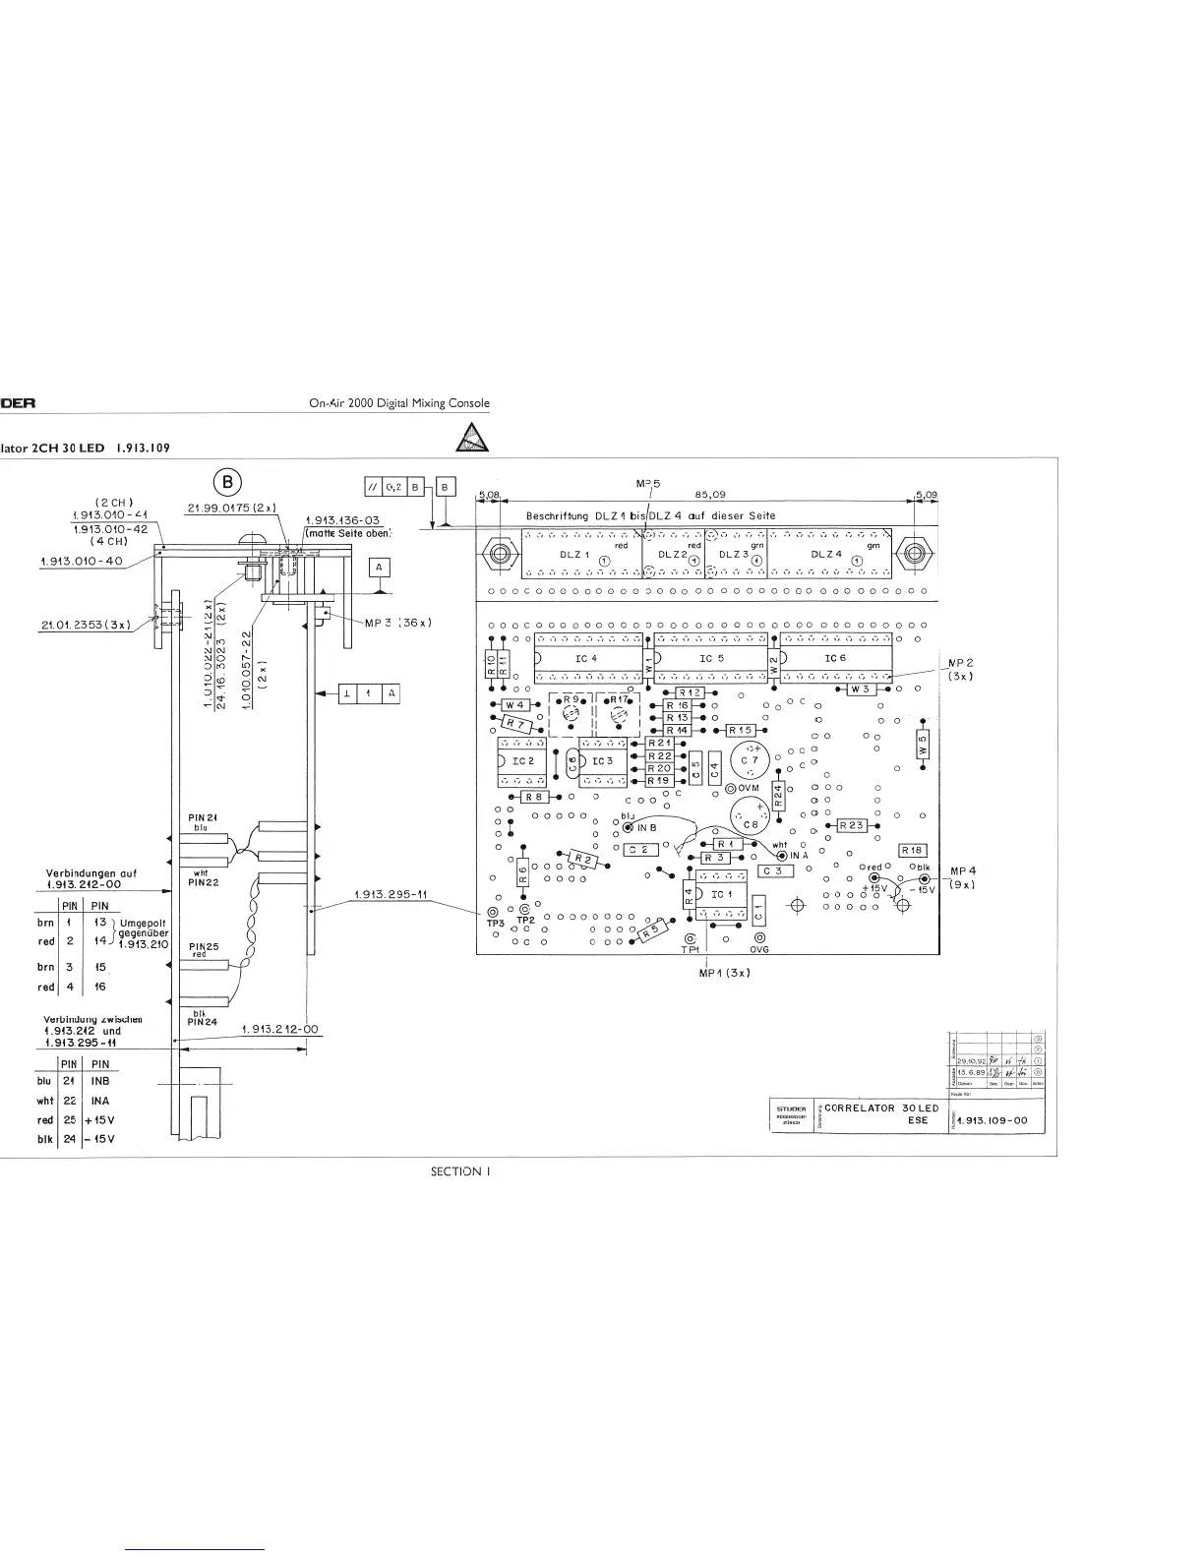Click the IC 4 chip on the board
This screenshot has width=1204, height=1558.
pos(586,658)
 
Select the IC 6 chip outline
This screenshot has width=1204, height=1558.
pos(835,658)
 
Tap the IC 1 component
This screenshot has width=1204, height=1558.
pos(721,894)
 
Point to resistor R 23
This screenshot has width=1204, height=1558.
pos(850,825)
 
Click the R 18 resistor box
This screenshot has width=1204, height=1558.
pos(913,850)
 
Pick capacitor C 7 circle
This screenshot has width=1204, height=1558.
pos(751,760)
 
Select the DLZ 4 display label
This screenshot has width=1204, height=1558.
pos(826,554)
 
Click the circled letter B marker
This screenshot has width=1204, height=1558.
pos(227,482)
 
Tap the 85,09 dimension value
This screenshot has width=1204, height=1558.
pos(710,496)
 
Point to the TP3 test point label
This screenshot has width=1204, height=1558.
pos(495,924)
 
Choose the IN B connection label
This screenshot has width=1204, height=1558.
pos(645,828)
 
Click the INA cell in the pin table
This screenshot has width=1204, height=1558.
pos(99,1101)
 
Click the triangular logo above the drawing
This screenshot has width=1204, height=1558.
pos(473,437)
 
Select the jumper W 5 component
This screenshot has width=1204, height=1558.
pos(922,747)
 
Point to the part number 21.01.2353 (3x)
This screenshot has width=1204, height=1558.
pos(87,624)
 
